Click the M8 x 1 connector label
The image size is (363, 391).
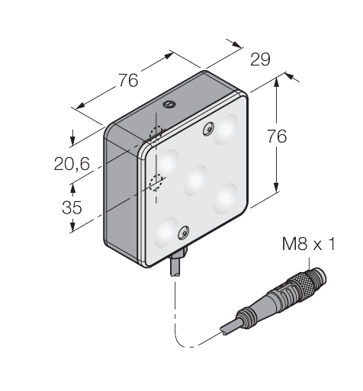point(308,244)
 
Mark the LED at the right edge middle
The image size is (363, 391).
point(225,198)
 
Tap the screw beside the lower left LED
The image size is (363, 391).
point(183,232)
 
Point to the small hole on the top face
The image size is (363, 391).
point(170,102)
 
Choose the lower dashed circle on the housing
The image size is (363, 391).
point(158,182)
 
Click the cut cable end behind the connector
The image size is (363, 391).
point(226,329)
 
